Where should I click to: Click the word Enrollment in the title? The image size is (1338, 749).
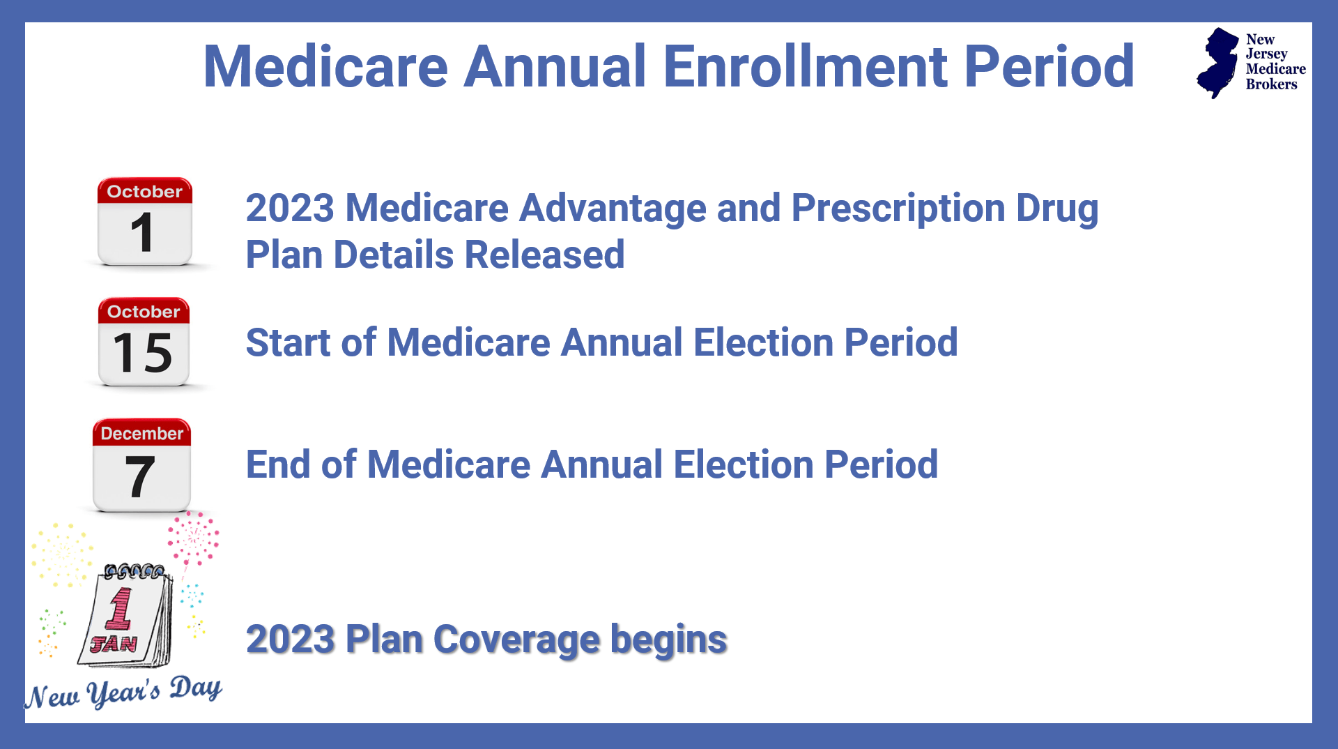pos(805,67)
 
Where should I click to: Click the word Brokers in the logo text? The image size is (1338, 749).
pos(1271,84)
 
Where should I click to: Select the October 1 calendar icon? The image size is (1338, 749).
pos(144,222)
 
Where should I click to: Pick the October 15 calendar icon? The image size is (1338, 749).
pos(144,342)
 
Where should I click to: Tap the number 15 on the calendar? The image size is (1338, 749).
pos(142,353)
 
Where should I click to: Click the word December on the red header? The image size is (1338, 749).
pos(141,433)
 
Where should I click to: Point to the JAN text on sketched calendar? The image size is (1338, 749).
pos(114,643)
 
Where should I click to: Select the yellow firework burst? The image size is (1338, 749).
pos(62,554)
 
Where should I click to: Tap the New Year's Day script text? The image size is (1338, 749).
pos(123,693)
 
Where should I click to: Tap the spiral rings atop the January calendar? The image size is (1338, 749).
pos(134,572)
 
